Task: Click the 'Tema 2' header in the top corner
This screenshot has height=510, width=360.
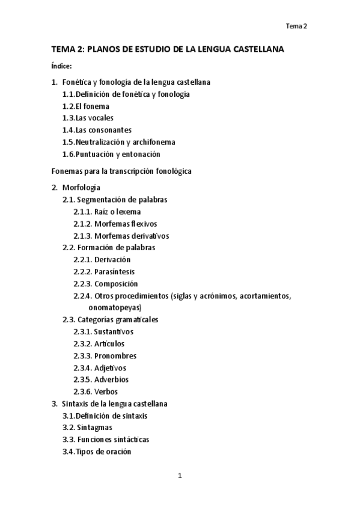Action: pyautogui.click(x=296, y=26)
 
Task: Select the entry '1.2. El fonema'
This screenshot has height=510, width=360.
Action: pyautogui.click(x=85, y=106)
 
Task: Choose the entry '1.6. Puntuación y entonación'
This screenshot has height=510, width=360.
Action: pyautogui.click(x=111, y=154)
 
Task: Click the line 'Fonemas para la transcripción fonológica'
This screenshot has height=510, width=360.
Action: pyautogui.click(x=121, y=171)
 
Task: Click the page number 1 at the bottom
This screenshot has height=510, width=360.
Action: pyautogui.click(x=180, y=476)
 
